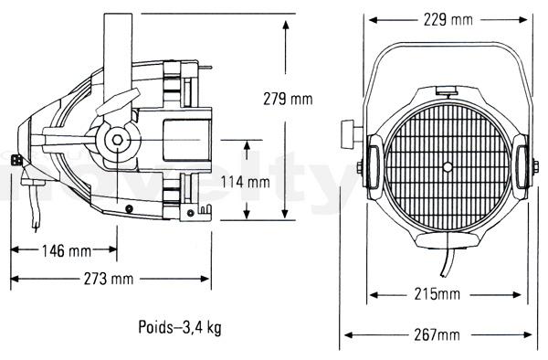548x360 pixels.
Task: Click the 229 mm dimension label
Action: pyautogui.click(x=448, y=19)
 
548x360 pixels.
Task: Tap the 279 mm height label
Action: pyautogui.click(x=288, y=99)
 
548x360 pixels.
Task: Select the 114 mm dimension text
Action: pyautogui.click(x=246, y=182)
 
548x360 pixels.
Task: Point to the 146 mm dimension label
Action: pyautogui.click(x=67, y=250)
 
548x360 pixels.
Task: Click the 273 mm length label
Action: pyautogui.click(x=109, y=279)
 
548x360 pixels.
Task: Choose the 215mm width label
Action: pyautogui.click(x=437, y=294)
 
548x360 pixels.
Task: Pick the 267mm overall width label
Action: pyautogui.click(x=437, y=334)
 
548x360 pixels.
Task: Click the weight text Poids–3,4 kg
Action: pyautogui.click(x=180, y=327)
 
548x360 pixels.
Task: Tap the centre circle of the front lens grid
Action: pyautogui.click(x=448, y=166)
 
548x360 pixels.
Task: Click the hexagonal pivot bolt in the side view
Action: pyautogui.click(x=118, y=140)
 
